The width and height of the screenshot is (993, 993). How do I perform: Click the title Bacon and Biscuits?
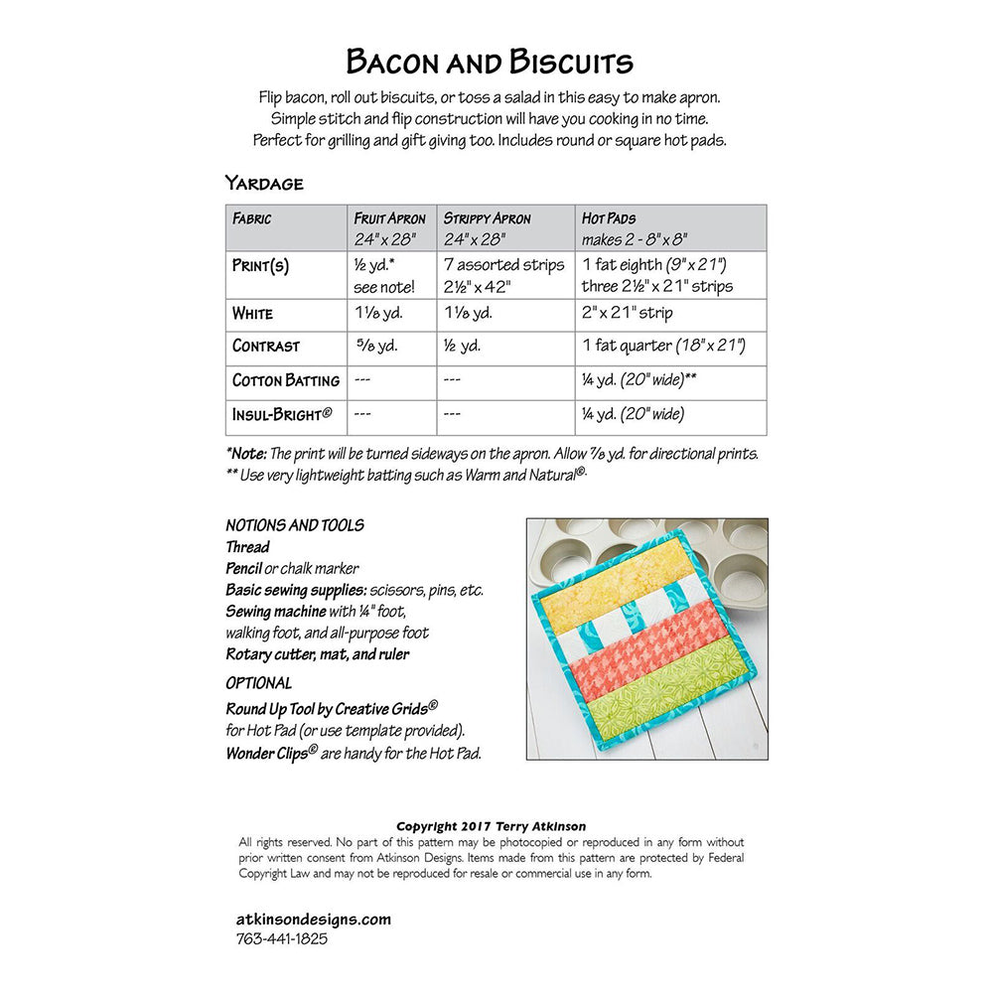click(490, 63)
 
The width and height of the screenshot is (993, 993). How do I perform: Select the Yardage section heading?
click(263, 183)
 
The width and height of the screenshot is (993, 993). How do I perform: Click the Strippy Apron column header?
click(487, 218)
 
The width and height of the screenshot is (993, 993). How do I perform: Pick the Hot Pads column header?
click(609, 218)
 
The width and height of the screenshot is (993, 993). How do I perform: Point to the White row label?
click(252, 314)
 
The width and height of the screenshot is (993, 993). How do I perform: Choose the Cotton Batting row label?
click(286, 380)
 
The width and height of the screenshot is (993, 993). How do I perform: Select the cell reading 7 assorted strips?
click(503, 265)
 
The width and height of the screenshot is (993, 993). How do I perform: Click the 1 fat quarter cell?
click(663, 347)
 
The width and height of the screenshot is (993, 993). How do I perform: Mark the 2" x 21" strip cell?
click(627, 314)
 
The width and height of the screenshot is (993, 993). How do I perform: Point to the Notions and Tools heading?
click(295, 525)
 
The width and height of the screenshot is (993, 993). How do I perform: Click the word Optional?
click(258, 683)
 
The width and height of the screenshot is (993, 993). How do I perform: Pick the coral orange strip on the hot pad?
click(636, 645)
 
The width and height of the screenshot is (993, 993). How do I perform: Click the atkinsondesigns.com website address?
click(314, 919)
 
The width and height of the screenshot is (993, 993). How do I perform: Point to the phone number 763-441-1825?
click(282, 938)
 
